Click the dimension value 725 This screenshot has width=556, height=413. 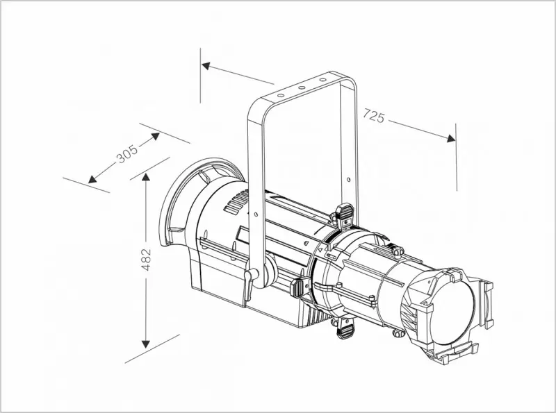[x=373, y=116]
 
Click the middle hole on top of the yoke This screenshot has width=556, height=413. [x=302, y=87]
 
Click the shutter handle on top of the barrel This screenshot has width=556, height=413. [x=345, y=214]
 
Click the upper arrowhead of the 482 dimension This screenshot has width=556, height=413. [x=145, y=178]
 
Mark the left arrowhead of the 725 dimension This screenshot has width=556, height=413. [x=206, y=66]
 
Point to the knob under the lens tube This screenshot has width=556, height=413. [x=398, y=333]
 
